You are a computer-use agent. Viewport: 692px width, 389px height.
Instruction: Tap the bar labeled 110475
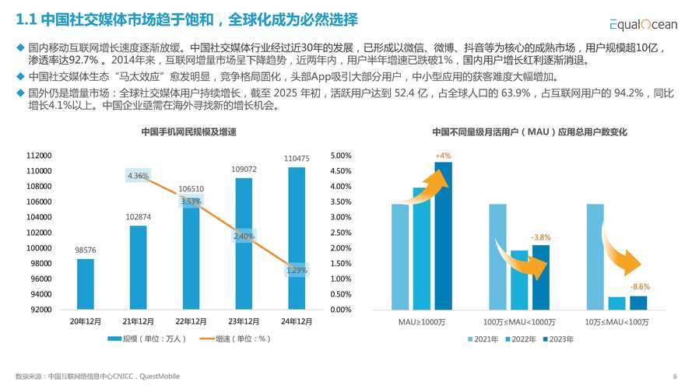pos(297,238)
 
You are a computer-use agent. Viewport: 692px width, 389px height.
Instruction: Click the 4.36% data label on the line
pos(138,177)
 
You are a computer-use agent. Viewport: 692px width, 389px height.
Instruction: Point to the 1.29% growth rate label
pos(297,271)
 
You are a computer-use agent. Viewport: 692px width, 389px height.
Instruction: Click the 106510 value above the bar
pos(191,189)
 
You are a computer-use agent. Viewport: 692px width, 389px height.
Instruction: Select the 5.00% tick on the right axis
pos(341,156)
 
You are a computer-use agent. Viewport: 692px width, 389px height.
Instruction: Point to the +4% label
pos(443,156)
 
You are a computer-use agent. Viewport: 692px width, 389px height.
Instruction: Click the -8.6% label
pos(639,287)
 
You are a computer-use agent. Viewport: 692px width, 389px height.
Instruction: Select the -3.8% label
pos(540,237)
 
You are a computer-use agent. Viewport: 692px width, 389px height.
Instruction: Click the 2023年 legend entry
pos(560,339)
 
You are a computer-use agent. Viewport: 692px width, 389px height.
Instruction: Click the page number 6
pos(674,375)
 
